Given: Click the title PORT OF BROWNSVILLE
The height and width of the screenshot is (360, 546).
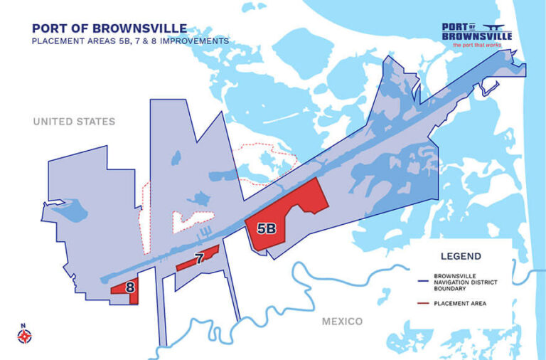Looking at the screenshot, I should coord(109,28).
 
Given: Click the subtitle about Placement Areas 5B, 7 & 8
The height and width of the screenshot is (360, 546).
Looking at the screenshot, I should coord(130,41).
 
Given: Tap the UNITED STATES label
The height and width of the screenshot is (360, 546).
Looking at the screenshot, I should coord(74,122).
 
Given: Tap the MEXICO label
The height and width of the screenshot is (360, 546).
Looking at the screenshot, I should coord(342,322).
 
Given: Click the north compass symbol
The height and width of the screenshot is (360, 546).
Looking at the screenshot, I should coord(23,335).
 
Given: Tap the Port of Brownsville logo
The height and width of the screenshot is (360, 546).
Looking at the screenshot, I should coord(476,32).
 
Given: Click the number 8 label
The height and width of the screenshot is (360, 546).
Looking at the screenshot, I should coord(130,287).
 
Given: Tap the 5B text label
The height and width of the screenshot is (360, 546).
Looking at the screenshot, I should coord(266,228).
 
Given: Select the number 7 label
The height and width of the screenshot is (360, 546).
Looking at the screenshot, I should coord(200,259).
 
